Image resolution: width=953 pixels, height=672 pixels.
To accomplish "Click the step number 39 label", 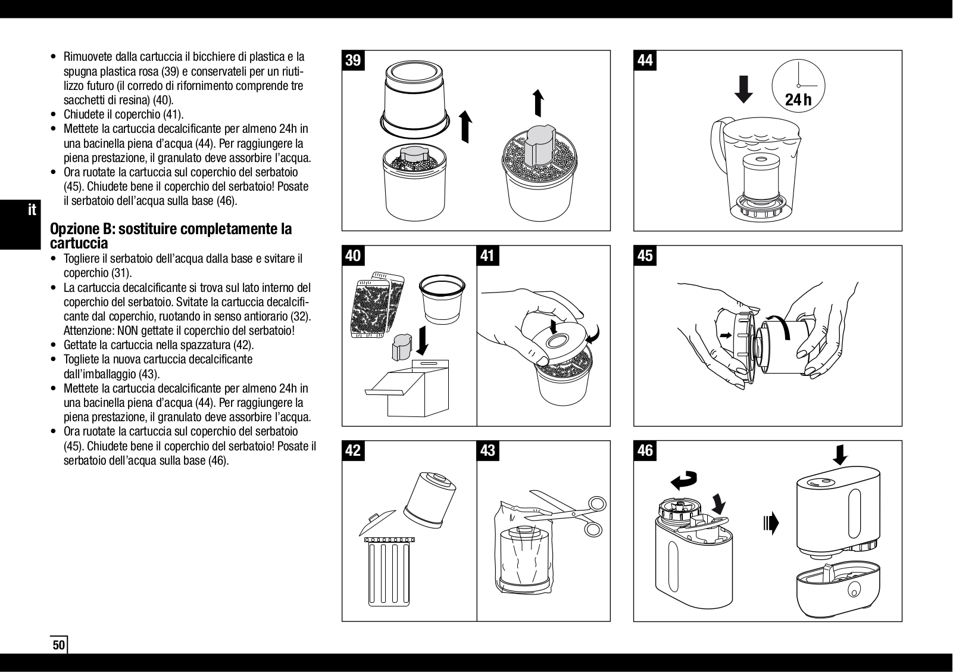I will (353, 60).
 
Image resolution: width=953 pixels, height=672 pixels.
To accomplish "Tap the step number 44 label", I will (645, 60).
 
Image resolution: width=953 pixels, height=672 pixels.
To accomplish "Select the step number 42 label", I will (353, 450).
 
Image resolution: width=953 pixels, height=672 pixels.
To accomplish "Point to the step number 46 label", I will (645, 450).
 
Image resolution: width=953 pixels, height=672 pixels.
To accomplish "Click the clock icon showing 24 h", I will (798, 86).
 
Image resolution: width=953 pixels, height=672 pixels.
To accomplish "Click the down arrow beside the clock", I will (743, 89).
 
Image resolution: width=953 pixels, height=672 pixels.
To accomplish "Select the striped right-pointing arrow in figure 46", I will (770, 524).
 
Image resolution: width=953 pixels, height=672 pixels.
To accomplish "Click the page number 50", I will (58, 645).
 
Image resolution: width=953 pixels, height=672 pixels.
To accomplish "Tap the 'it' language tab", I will (33, 210).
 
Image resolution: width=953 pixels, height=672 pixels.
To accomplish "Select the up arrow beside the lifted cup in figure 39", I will (465, 127).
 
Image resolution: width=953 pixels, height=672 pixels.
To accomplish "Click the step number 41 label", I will (488, 256).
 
